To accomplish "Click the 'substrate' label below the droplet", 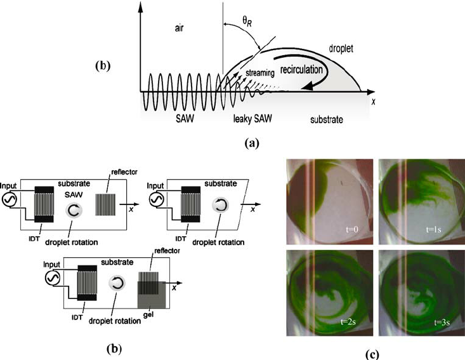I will tap(329, 119).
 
